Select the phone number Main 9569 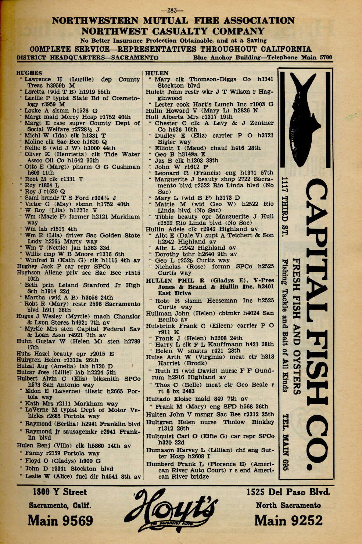point(60,520)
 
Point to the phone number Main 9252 point(288,520)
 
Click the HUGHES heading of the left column point(29,73)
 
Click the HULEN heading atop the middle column point(157,73)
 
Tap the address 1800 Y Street point(60,492)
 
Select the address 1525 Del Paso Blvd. point(288,492)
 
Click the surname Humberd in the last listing point(160,464)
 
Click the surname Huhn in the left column point(24,341)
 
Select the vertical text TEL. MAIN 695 point(286,442)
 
